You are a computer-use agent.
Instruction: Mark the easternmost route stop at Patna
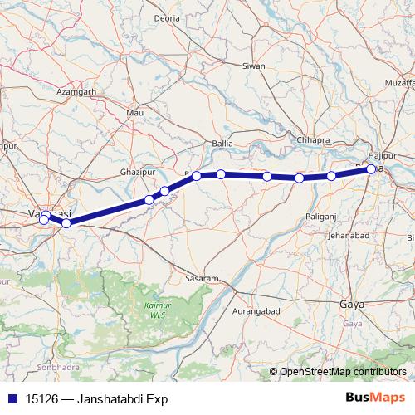click(371, 169)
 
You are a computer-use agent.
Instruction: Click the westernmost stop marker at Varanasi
click(44, 220)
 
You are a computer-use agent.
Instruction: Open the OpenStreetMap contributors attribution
click(343, 371)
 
